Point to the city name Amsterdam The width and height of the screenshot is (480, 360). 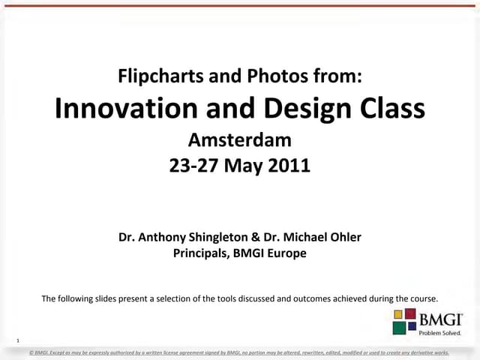click(239, 139)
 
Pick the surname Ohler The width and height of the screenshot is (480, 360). click(344, 237)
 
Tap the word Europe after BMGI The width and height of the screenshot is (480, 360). click(289, 253)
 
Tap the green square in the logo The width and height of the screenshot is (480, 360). click(400, 327)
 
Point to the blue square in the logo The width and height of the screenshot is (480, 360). click(412, 325)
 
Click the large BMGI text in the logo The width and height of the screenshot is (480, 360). click(439, 318)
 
